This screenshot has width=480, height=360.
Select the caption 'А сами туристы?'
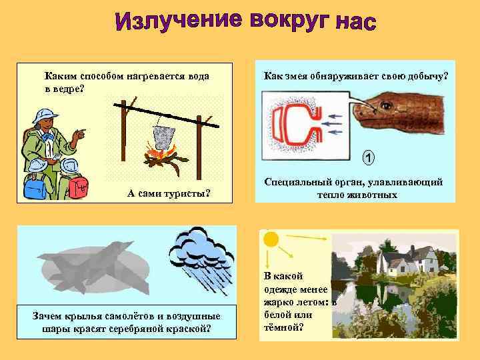169,194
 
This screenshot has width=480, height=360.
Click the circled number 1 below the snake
369,159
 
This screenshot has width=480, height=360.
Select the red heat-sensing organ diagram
290,124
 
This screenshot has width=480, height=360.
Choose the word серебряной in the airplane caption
149,327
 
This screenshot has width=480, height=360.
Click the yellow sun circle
270,237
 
